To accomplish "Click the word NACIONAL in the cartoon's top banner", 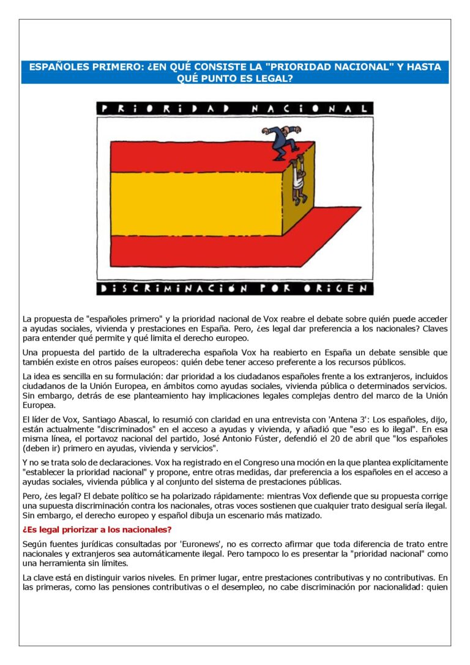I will click(312, 108).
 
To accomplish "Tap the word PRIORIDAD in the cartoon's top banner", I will click(165, 108).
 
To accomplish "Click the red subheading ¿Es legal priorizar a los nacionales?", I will click(97, 529).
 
